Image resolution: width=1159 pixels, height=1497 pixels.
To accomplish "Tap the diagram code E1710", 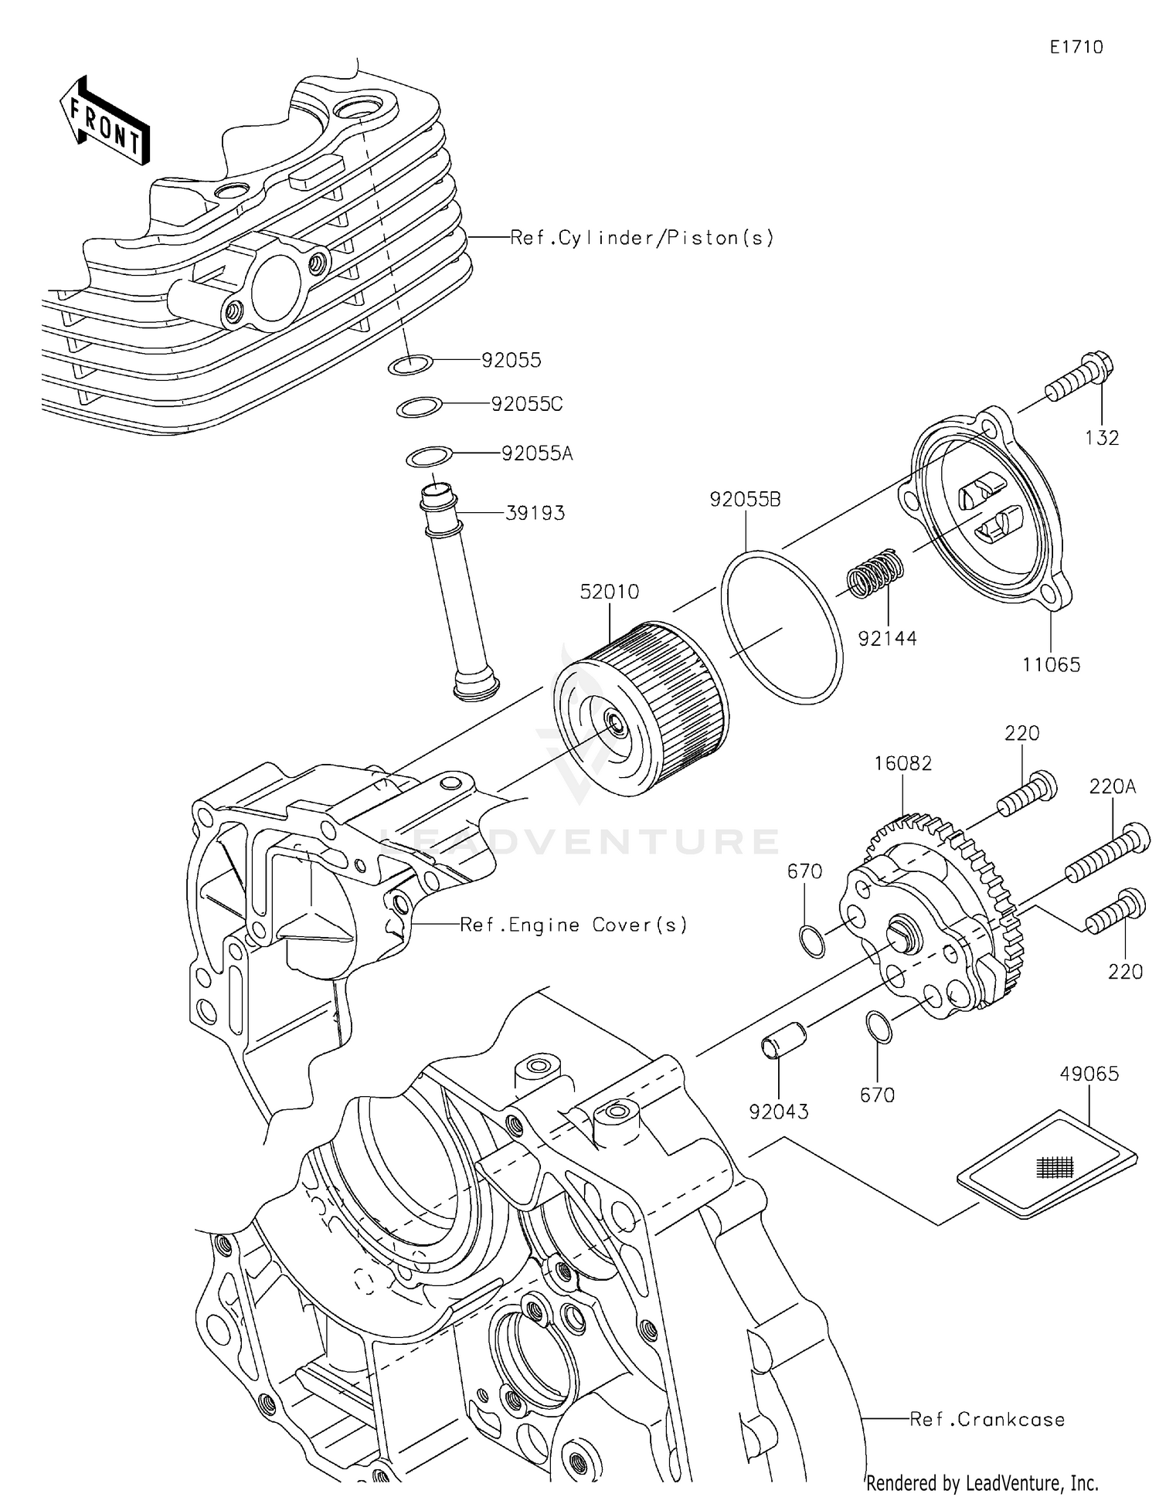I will [x=1076, y=48].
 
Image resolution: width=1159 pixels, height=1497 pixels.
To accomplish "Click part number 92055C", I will [x=526, y=404].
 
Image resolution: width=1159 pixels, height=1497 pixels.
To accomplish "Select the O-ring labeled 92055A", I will [x=429, y=457].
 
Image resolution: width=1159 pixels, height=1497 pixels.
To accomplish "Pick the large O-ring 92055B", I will [x=781, y=627].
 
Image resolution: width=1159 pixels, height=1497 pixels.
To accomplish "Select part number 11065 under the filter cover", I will [x=1051, y=664].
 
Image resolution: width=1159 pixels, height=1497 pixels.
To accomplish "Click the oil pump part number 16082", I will [x=902, y=763].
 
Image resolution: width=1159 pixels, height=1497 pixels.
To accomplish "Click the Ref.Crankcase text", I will [x=987, y=1419].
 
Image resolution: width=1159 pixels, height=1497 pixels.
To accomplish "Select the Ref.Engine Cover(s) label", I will [x=573, y=925].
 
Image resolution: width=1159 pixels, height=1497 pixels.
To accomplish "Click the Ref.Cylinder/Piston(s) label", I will [x=641, y=238].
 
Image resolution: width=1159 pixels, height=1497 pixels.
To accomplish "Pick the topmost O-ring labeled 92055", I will [x=409, y=364].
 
